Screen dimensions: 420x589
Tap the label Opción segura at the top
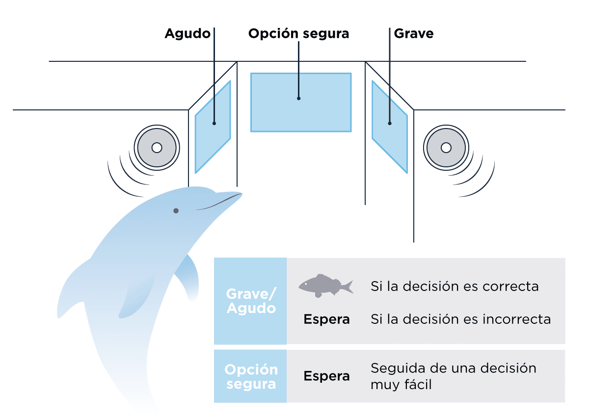pos(298,34)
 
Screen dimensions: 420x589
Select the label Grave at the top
pos(414,34)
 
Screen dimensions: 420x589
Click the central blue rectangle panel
pos(301,103)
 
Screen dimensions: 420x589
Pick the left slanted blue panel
pos(213,127)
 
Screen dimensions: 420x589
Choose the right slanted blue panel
pos(390,127)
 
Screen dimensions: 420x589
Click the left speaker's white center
pos(157,147)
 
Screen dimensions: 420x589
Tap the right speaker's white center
pos(446,147)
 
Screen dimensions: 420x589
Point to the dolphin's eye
pos(176,211)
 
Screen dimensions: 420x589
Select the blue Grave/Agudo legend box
pos(250,301)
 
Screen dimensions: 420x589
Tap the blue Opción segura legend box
pos(250,376)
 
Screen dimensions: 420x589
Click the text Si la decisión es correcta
pos(455,286)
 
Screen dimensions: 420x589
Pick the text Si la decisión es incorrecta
pos(460,319)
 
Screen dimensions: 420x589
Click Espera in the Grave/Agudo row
pos(326,319)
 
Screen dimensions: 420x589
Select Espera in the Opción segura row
pos(326,376)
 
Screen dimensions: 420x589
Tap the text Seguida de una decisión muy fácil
pos(454,376)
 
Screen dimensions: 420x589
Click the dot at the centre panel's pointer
pos(298,98)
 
